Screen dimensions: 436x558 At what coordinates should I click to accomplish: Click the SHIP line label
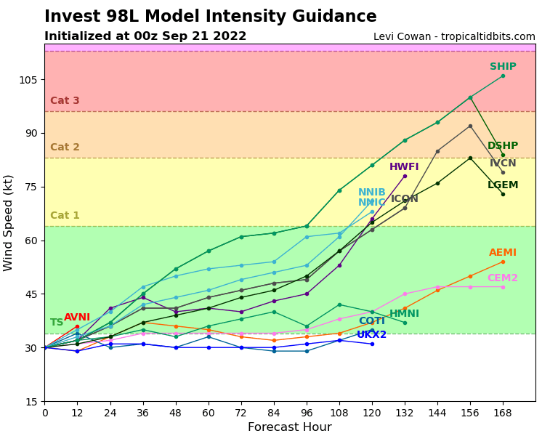(503, 67)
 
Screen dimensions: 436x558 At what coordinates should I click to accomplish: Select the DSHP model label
(503, 146)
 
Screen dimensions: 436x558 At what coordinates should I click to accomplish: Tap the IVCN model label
(503, 163)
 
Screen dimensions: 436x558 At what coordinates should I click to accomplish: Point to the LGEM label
(503, 185)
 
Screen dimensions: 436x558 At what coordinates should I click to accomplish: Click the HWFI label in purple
(404, 167)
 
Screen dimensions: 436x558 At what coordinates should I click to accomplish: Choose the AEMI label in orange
(503, 253)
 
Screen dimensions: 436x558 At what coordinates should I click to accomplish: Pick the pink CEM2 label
(503, 278)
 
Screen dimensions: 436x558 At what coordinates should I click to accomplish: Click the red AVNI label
(77, 318)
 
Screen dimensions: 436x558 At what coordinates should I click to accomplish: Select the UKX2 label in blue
(371, 335)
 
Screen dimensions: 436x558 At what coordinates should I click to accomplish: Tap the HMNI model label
(404, 314)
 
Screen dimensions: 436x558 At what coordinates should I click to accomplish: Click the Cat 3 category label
(65, 101)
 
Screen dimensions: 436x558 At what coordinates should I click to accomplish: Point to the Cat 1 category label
(65, 216)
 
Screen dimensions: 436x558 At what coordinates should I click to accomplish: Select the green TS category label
(57, 323)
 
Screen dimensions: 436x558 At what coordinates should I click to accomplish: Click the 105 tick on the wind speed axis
(28, 80)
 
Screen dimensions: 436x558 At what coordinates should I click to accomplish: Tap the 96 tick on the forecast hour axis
(307, 413)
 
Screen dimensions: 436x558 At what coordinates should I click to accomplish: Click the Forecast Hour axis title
(289, 427)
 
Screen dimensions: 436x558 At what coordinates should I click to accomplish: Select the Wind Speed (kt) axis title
(9, 222)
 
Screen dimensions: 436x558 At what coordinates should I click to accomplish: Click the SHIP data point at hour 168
(503, 76)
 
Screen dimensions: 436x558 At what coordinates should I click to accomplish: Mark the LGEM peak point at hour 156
(470, 158)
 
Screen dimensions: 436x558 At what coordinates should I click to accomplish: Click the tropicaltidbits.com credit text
(454, 37)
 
